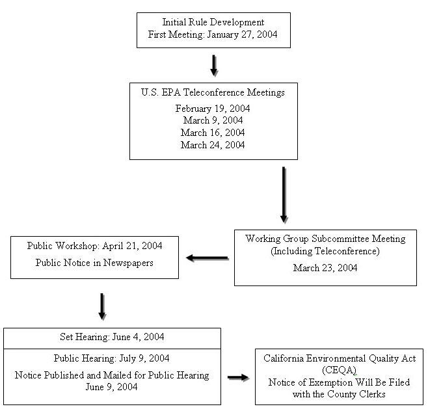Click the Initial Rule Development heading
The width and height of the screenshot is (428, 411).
point(213,23)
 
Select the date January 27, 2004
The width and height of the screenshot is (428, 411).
point(242,35)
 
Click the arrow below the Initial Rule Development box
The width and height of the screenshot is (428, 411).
point(213,65)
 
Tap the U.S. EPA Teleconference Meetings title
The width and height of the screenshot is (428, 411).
point(213,93)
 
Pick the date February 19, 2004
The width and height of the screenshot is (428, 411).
point(213,109)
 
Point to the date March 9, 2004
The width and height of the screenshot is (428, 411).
point(213,120)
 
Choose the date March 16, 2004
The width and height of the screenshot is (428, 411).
point(213,133)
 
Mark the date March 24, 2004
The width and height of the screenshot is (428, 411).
point(213,145)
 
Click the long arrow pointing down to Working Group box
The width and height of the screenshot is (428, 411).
point(284,194)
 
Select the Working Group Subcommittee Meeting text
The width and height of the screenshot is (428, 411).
point(325,239)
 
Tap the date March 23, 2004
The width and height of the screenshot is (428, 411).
point(325,267)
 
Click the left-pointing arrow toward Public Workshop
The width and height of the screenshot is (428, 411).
point(207,258)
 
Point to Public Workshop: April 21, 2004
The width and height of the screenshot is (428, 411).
point(94,246)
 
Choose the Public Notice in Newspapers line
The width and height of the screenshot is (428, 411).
point(94,263)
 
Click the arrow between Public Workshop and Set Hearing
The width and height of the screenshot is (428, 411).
point(101,306)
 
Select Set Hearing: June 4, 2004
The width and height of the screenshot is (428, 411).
point(111,337)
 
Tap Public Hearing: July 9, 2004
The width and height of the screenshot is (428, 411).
point(111,358)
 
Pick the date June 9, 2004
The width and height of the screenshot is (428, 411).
point(111,386)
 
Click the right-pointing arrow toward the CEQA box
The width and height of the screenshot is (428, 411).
point(237,377)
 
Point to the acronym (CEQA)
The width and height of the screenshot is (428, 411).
point(339,370)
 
